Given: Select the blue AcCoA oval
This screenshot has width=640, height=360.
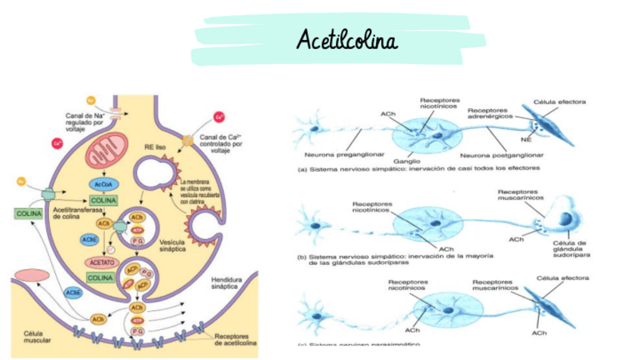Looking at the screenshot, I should (100, 185).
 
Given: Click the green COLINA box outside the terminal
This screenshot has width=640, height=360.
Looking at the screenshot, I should (29, 214).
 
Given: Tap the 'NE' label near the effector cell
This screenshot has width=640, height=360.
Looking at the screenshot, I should (525, 140).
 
